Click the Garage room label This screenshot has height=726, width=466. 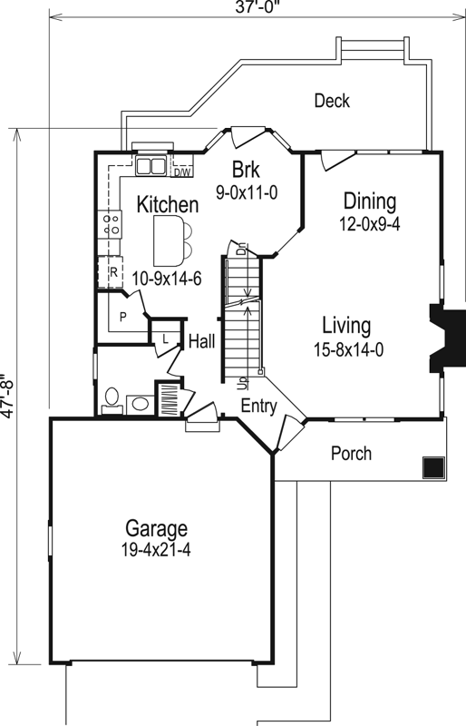156,528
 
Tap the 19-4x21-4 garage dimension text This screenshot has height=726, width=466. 156,548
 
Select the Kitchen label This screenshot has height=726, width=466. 168,205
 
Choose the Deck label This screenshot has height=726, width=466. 332,101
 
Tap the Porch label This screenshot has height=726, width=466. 352,453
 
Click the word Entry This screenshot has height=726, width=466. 258,407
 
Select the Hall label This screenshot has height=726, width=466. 201,342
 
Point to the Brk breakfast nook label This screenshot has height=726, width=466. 246,170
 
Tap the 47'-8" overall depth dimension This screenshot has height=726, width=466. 9,395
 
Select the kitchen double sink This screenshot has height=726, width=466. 150,166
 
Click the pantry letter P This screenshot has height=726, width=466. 121,317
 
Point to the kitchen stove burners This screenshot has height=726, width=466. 113,223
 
